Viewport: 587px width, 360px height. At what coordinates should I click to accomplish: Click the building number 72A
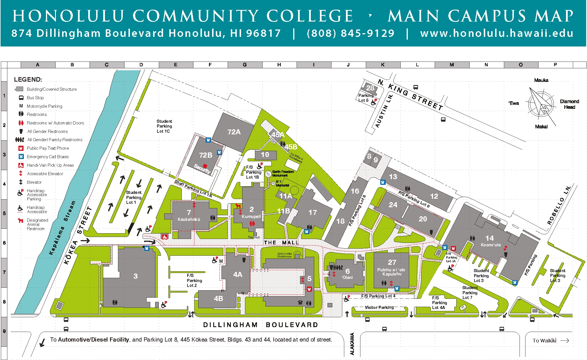[x=234, y=132]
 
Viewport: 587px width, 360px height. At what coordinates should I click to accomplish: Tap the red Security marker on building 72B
[x=205, y=166]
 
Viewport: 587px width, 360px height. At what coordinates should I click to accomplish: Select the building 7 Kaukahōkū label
[x=189, y=215]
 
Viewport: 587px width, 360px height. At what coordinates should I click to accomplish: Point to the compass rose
[x=541, y=104]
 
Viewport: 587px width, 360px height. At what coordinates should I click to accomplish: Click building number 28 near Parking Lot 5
[x=370, y=88]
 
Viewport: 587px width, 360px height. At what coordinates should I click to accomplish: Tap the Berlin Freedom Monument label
[x=283, y=173]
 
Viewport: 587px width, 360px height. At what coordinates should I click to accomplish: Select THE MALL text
[x=281, y=243]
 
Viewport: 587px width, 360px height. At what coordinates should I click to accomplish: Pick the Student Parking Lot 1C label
[x=164, y=126]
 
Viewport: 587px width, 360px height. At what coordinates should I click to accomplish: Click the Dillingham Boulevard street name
[x=261, y=325]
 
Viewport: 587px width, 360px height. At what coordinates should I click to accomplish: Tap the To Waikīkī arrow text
[x=550, y=341]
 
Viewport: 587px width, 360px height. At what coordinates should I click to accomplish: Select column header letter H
[x=279, y=65]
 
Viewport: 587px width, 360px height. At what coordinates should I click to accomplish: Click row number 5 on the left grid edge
[x=4, y=213]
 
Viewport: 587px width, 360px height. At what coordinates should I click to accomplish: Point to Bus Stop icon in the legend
[x=21, y=98]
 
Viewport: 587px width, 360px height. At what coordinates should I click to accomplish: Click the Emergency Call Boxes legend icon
[x=21, y=156]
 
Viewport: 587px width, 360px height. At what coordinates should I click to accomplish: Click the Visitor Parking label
[x=379, y=307]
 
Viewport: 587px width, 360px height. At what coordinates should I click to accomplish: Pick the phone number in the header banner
[x=350, y=33]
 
